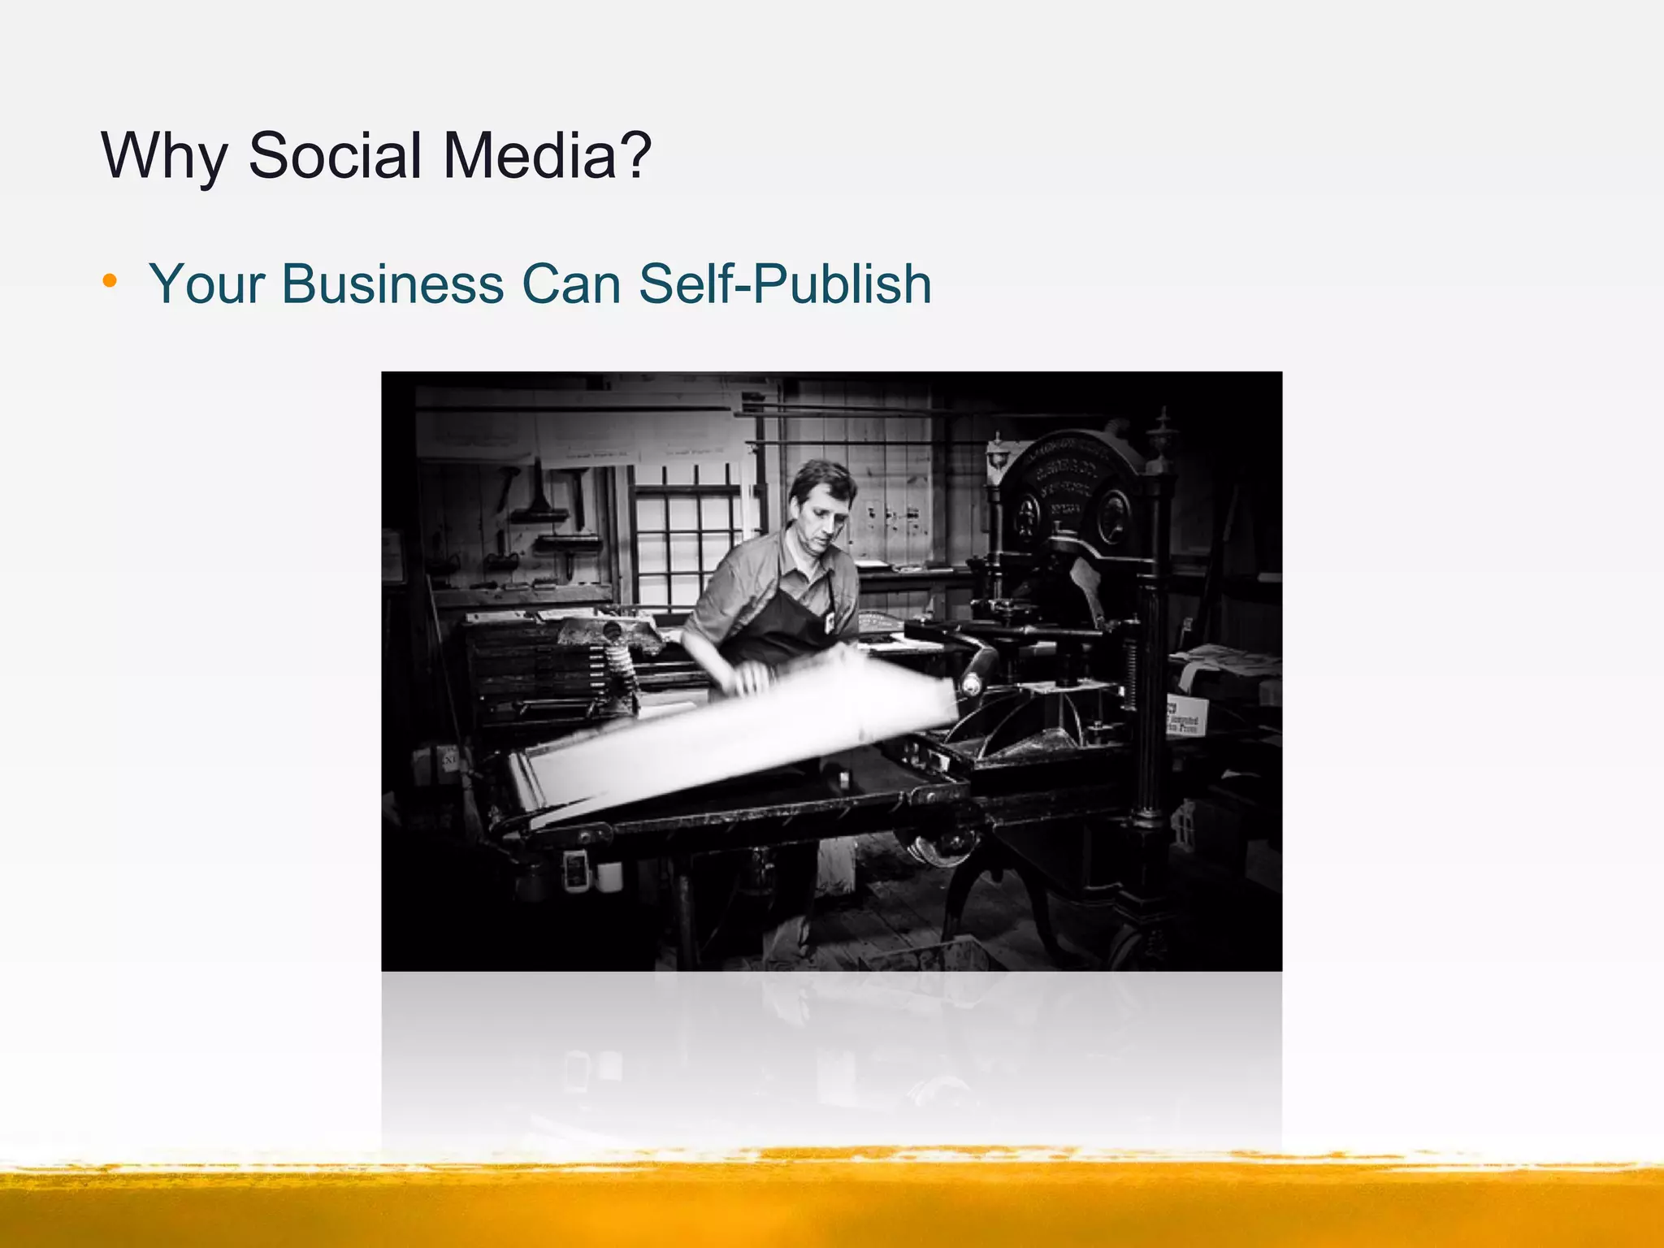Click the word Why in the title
point(163,156)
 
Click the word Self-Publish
point(785,284)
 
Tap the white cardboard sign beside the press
point(1186,715)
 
